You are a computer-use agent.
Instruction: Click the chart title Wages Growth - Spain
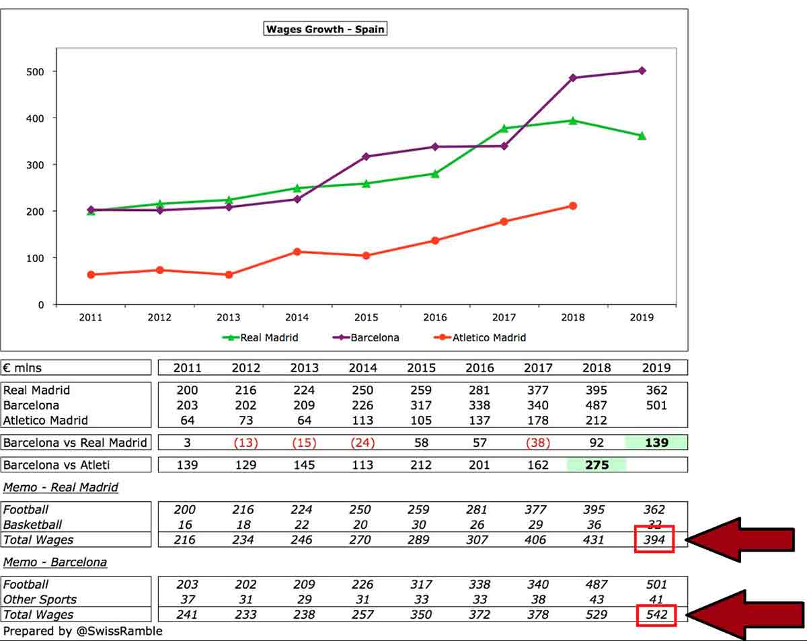325,29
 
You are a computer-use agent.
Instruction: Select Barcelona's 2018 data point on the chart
572,78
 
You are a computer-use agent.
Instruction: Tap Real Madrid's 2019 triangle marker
642,136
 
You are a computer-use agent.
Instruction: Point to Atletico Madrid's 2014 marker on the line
297,252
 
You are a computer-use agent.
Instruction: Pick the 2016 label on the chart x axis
435,318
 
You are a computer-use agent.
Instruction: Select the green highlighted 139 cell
656,443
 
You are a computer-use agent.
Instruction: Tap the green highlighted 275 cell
597,465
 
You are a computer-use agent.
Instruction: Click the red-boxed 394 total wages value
654,540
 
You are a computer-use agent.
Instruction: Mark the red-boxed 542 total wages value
654,614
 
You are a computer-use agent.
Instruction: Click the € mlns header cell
75,368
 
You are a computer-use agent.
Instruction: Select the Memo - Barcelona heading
55,562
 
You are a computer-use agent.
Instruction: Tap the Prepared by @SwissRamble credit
83,631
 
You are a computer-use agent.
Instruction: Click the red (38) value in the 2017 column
537,443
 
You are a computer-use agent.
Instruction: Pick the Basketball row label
32,525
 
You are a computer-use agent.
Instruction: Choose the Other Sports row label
40,599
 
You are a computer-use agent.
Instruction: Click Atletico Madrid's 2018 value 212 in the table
597,421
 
